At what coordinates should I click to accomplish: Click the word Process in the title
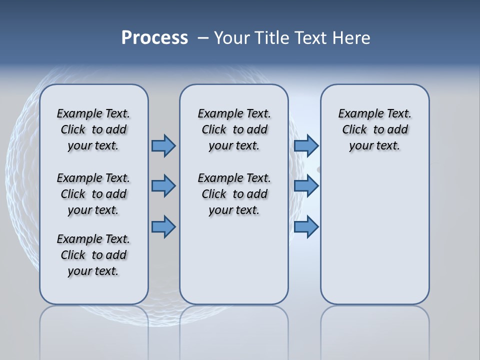[x=154, y=37]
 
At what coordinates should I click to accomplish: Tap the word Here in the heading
[x=351, y=37]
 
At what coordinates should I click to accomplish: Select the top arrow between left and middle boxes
[x=163, y=145]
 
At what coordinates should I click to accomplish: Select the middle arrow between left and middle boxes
[x=163, y=186]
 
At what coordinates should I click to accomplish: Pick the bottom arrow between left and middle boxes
[x=163, y=227]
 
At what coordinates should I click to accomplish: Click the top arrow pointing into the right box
[x=306, y=145]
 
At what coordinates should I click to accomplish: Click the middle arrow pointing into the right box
[x=306, y=186]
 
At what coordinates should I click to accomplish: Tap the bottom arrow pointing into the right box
[x=306, y=227]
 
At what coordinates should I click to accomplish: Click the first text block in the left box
[x=93, y=129]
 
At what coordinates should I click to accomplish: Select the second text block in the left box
[x=93, y=194]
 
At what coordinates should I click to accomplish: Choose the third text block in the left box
[x=93, y=255]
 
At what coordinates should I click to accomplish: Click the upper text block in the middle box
[x=234, y=129]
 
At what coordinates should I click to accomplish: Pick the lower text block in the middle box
[x=234, y=194]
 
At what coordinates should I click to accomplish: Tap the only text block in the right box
[x=374, y=129]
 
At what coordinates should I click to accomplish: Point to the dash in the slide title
[x=203, y=38]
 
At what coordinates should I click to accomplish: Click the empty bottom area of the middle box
[x=234, y=265]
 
